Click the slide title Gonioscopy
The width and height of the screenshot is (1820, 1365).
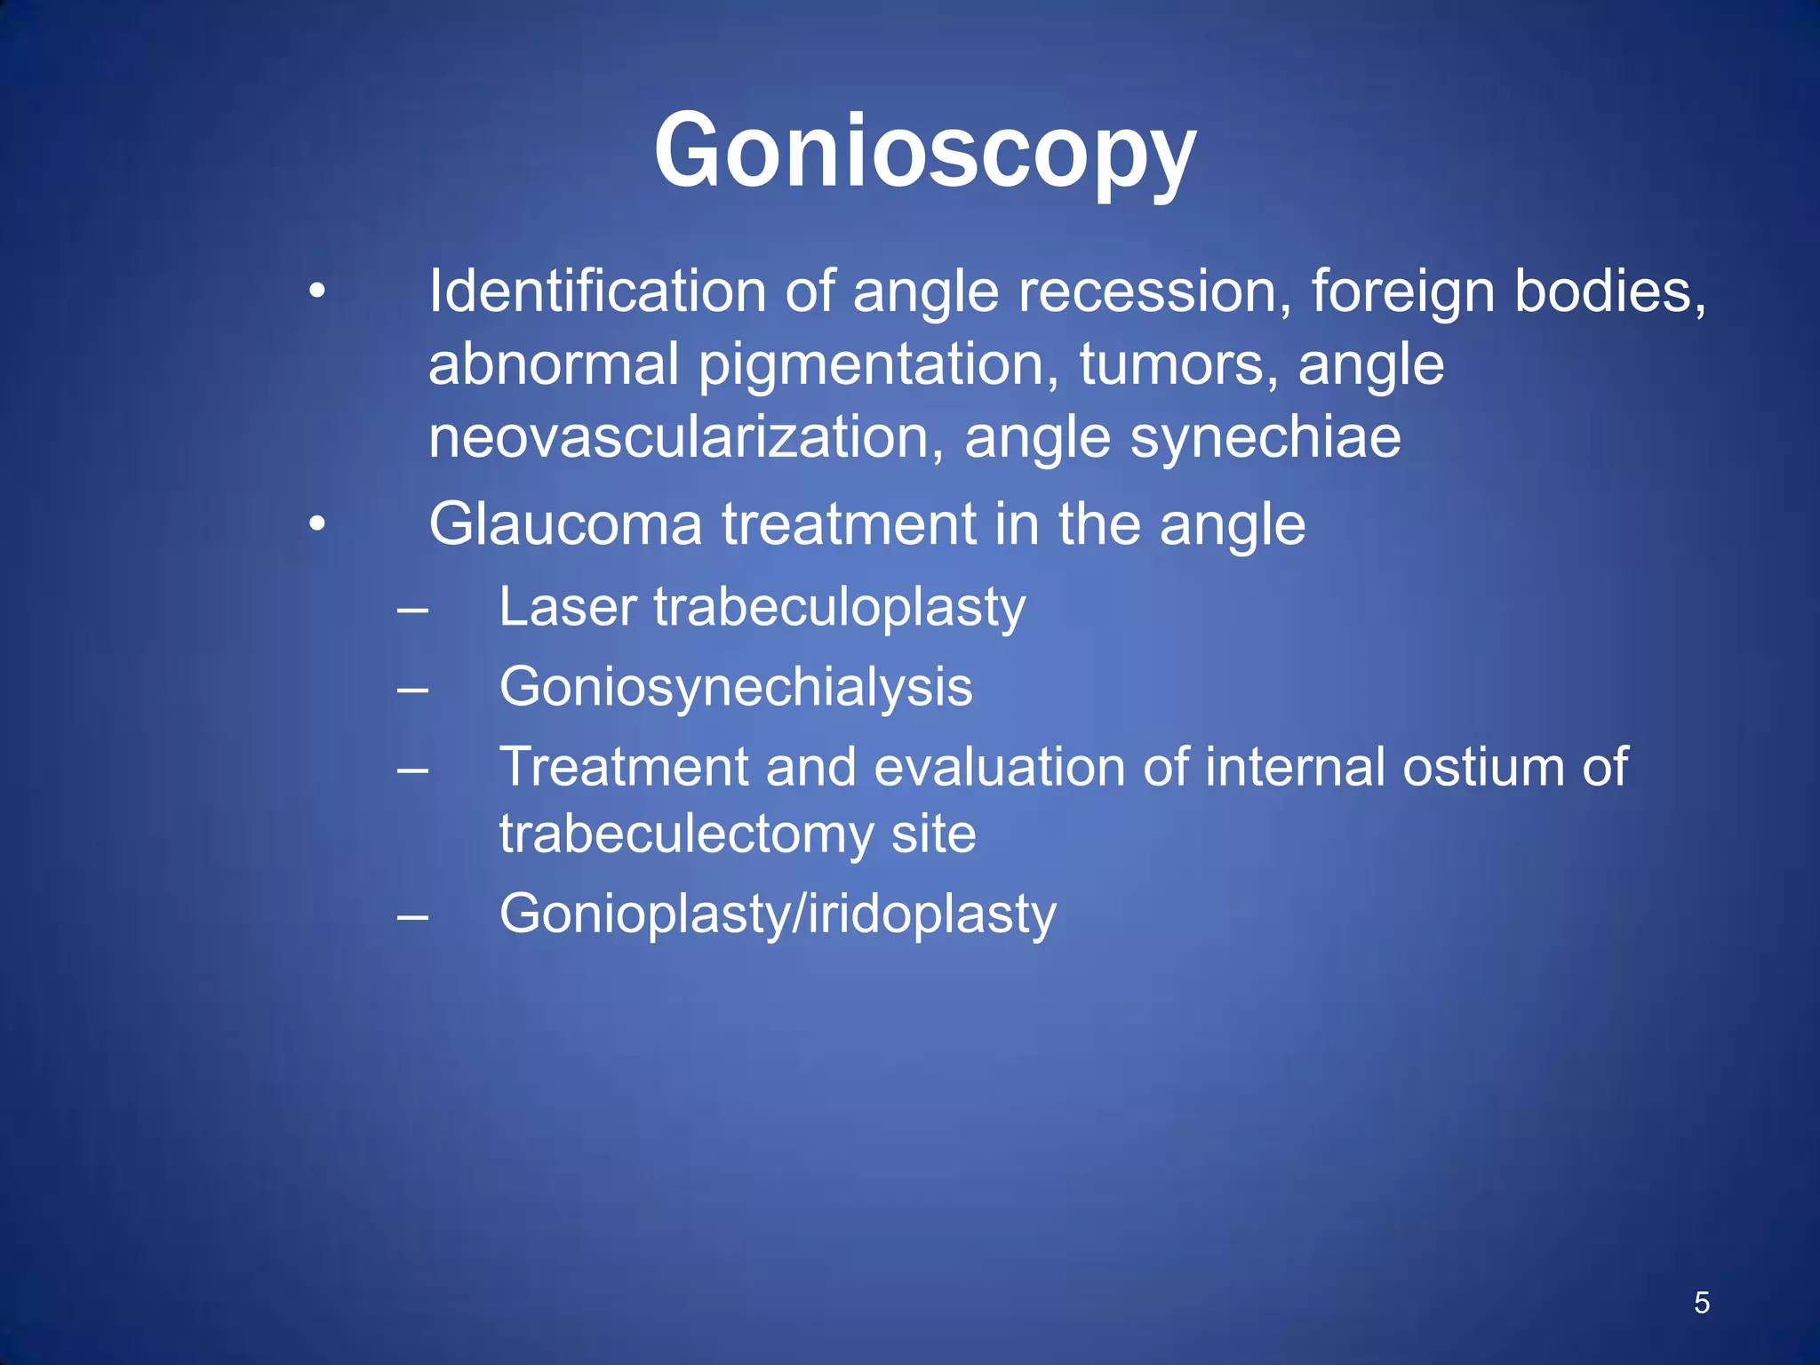point(924,151)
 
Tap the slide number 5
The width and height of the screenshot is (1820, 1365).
point(1701,1303)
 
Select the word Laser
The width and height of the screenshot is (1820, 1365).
point(568,608)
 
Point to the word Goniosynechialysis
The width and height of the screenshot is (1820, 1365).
point(736,688)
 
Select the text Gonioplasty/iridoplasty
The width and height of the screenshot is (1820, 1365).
point(778,915)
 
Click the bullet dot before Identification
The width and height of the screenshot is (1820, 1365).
point(317,291)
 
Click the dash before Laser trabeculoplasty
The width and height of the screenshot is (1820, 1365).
point(412,611)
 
